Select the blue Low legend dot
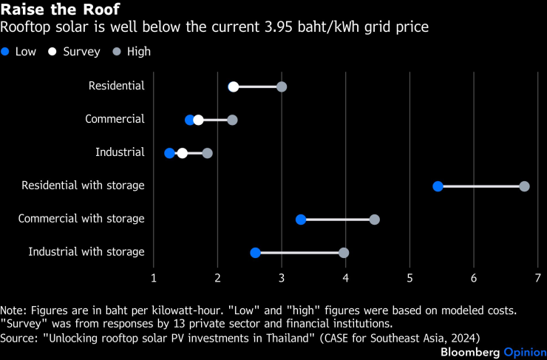(x=7, y=52)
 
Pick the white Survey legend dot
(x=52, y=52)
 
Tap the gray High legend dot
(x=116, y=52)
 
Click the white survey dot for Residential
(x=234, y=86)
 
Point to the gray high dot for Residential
(x=282, y=86)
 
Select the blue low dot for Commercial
(x=190, y=120)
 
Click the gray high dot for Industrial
(x=207, y=153)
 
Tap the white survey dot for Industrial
(x=183, y=153)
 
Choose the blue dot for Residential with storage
(x=438, y=186)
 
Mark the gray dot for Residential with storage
(x=524, y=186)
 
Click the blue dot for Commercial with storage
(x=301, y=220)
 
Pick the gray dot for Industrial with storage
(x=344, y=253)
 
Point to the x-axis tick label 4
(x=345, y=278)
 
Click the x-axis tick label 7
(x=537, y=278)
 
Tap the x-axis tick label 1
(x=154, y=278)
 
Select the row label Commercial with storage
(x=81, y=219)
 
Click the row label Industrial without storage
(x=120, y=152)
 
